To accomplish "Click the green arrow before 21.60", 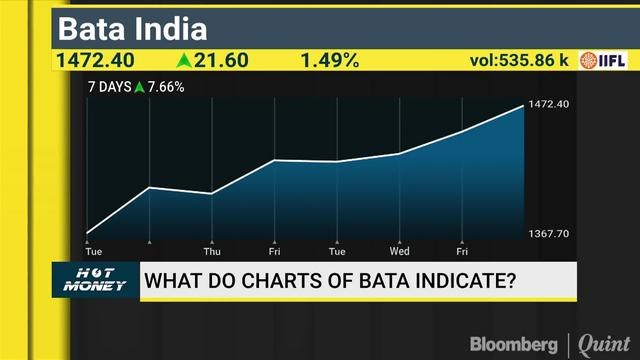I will [x=184, y=60].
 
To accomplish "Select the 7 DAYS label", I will [x=110, y=87].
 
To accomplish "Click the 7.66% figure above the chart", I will [x=164, y=87].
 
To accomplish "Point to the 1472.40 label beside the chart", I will [x=548, y=104].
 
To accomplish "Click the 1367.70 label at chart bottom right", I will [x=548, y=233].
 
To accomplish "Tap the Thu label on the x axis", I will [x=211, y=251].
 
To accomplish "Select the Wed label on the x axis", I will [x=399, y=251].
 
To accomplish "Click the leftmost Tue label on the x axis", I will [x=93, y=251].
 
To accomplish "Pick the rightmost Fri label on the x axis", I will [x=462, y=251].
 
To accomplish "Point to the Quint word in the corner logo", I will [x=605, y=342].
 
